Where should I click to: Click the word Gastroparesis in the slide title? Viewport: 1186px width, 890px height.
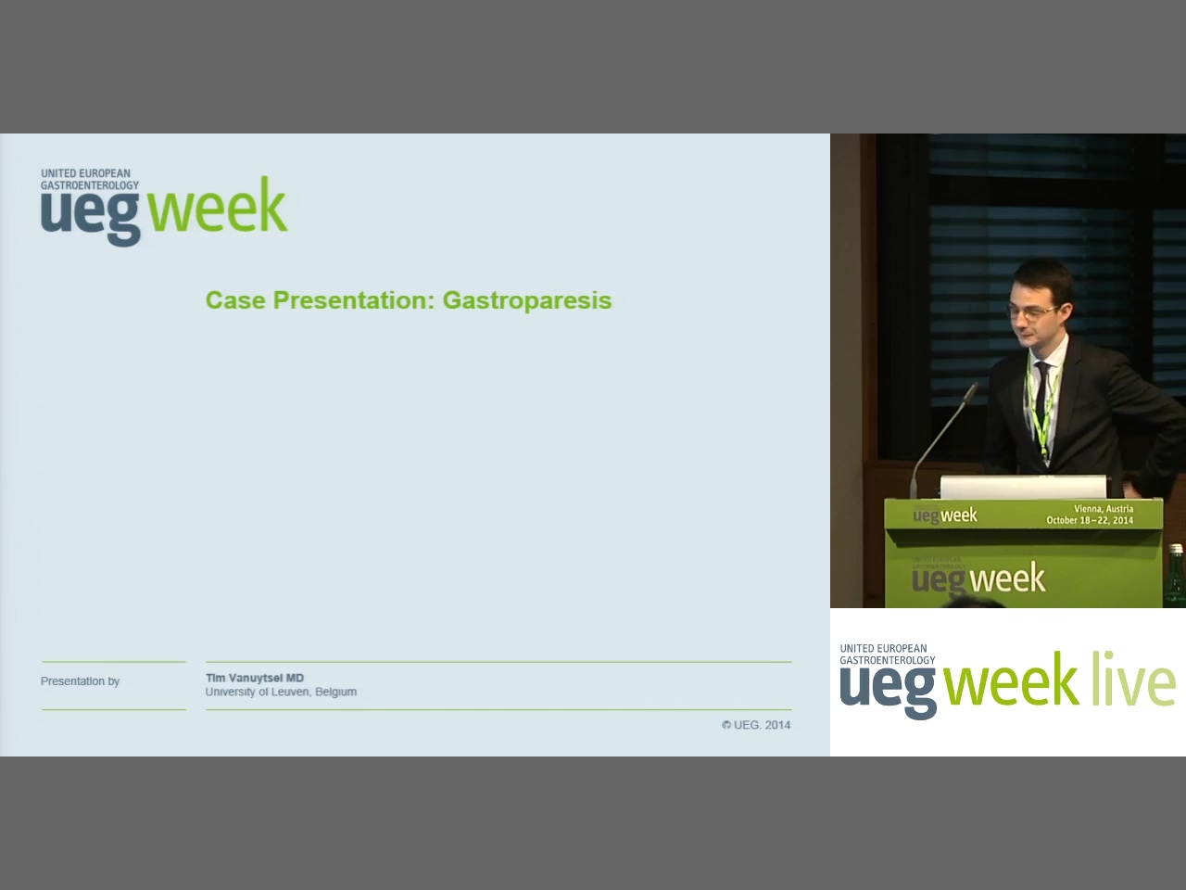click(527, 301)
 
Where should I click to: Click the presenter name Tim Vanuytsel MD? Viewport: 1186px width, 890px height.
click(255, 678)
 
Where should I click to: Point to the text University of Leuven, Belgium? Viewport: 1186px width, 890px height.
click(281, 692)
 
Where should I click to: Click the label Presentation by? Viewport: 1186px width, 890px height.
click(80, 681)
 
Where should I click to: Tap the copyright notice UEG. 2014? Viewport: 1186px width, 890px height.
click(756, 725)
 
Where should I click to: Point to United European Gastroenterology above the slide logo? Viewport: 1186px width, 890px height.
click(90, 179)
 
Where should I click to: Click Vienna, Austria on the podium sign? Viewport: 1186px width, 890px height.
click(1103, 509)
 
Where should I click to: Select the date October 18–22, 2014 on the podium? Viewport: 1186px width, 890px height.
click(1090, 520)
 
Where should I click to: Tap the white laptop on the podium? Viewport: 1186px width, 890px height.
click(1023, 488)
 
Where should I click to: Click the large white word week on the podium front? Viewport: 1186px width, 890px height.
click(1008, 578)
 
